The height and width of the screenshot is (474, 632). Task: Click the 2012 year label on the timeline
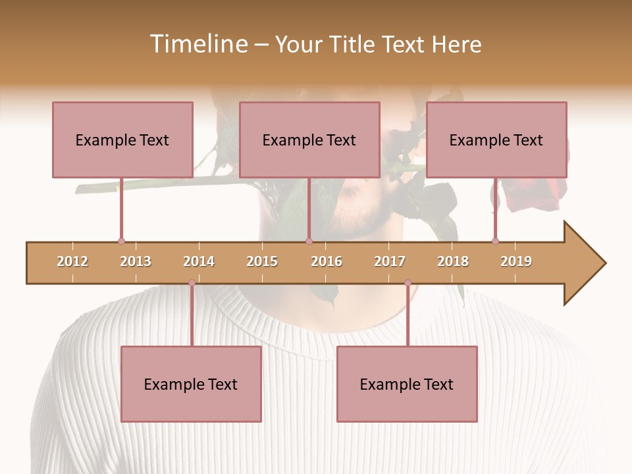[x=72, y=261]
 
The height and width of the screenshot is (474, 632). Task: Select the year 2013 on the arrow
[x=136, y=261]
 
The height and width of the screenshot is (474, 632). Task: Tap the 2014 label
[x=199, y=261]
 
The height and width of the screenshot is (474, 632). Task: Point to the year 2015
[x=262, y=261]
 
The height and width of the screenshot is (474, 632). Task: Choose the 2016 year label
[x=327, y=261]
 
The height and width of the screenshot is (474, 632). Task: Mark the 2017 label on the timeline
[x=390, y=261]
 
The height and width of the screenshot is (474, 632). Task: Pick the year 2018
[x=453, y=261]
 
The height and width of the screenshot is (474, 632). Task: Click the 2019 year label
[x=516, y=261]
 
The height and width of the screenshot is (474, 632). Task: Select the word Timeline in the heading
[x=197, y=44]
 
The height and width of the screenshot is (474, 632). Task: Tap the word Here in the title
[x=456, y=44]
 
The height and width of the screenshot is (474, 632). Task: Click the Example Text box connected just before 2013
[x=122, y=140]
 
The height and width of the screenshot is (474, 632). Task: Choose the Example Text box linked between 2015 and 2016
[x=309, y=140]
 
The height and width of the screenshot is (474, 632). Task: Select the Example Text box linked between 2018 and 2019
[x=496, y=140]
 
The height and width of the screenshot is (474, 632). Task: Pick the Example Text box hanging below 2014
[x=191, y=384]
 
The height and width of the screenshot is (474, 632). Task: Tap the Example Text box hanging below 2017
[x=407, y=384]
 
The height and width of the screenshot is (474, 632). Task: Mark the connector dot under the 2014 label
[x=192, y=283]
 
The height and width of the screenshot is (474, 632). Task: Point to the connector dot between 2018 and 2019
[x=495, y=241]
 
